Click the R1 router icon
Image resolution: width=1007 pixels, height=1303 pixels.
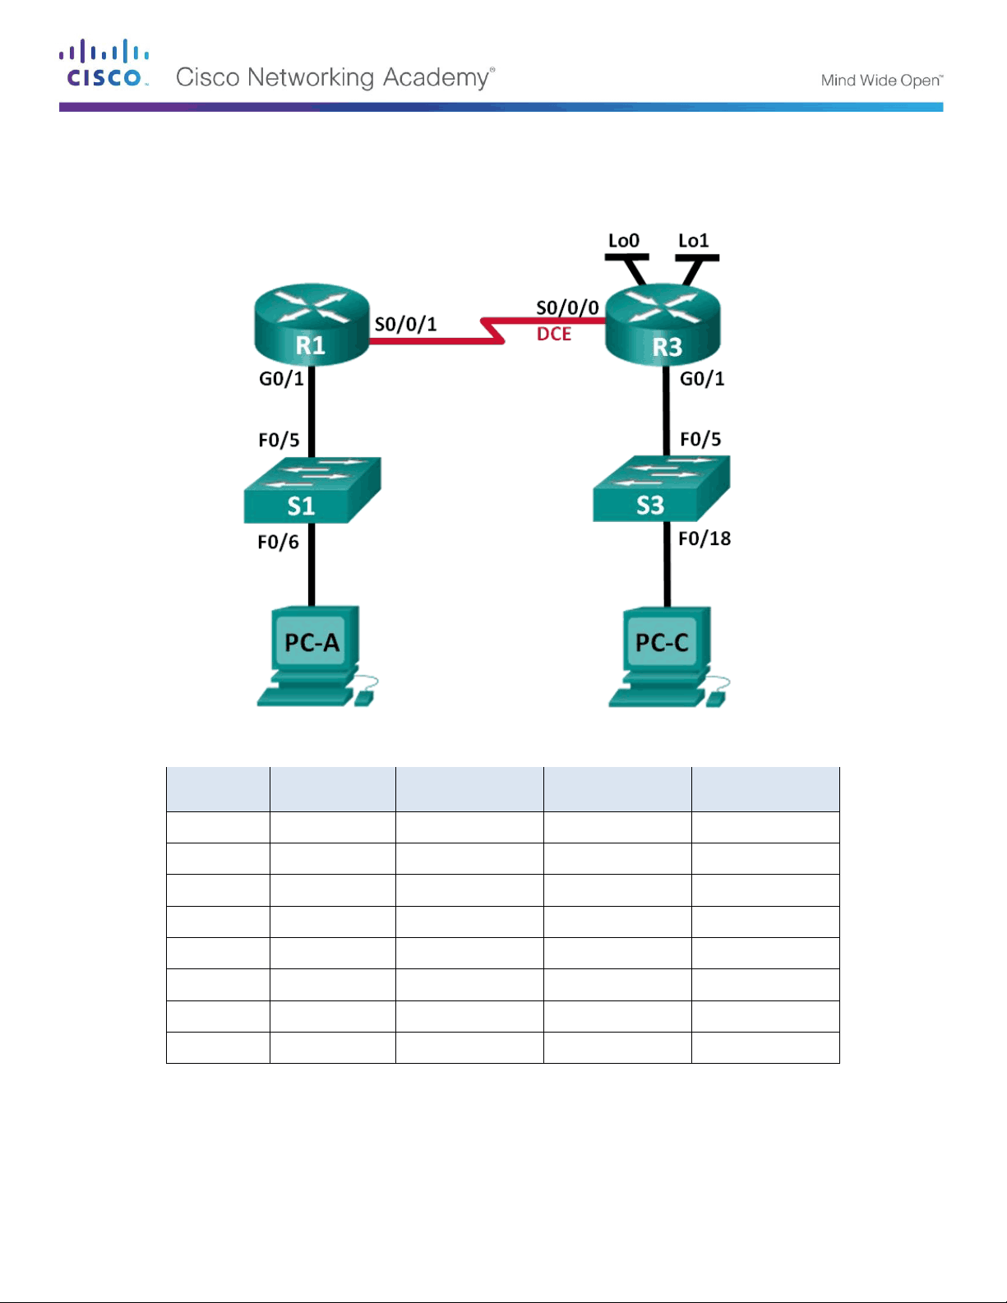point(312,324)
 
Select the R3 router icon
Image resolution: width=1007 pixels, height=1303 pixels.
point(663,324)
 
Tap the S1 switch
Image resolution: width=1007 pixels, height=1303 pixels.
point(312,490)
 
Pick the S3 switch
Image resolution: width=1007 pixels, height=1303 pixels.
point(662,488)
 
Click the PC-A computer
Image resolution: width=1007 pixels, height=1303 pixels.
point(316,656)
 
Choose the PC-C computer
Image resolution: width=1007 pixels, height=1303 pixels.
point(668,657)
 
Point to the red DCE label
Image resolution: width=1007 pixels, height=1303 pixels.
point(554,334)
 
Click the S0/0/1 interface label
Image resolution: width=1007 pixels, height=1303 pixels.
point(406,325)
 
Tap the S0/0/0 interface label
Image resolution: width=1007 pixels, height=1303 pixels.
point(567,307)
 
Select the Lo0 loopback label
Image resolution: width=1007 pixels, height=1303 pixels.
point(623,240)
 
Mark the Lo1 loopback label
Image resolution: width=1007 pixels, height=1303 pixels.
point(694,240)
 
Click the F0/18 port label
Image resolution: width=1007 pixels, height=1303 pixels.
point(704,538)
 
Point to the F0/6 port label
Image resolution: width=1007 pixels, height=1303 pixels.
point(278,542)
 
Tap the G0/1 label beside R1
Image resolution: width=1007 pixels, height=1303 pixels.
point(281,378)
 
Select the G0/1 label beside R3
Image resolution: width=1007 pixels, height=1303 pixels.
point(702,378)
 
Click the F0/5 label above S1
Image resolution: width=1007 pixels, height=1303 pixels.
point(279,440)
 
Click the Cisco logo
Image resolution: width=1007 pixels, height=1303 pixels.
point(104,63)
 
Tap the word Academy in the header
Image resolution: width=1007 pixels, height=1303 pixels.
point(437,78)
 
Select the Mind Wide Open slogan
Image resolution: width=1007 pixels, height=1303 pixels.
point(882,81)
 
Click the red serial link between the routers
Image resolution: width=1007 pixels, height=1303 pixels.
point(492,330)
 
